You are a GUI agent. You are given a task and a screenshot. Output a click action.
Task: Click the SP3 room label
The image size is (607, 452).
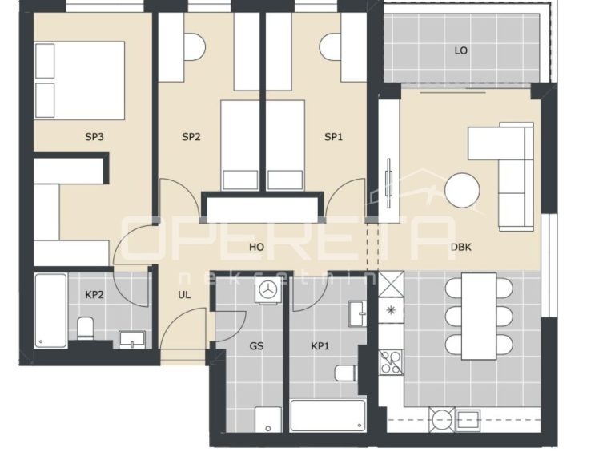tap(94, 137)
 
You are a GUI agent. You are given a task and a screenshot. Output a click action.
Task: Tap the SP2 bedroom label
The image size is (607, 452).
tap(191, 137)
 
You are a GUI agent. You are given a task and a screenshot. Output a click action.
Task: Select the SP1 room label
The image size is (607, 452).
tap(333, 137)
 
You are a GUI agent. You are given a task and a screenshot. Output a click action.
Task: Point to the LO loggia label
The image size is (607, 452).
tap(461, 50)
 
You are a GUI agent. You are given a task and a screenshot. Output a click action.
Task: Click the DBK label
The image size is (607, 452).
tap(461, 247)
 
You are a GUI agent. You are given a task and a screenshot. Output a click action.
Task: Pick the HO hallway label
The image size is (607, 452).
tap(257, 247)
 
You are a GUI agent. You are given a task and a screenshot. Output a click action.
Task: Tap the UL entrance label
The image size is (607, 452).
tap(184, 295)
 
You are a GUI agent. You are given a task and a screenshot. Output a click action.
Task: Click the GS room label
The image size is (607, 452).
tap(257, 346)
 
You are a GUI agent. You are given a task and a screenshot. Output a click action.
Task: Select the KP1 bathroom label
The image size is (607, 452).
tap(320, 346)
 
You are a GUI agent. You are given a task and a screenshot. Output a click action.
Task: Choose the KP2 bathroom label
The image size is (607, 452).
tap(94, 295)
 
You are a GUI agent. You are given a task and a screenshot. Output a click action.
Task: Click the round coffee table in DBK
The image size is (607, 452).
tap(462, 191)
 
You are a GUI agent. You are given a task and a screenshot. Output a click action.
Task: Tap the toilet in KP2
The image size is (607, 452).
tap(85, 329)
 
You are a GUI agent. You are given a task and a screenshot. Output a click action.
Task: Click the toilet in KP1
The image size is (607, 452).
tap(346, 373)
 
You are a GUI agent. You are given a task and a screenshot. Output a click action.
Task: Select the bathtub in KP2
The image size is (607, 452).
tap(50, 311)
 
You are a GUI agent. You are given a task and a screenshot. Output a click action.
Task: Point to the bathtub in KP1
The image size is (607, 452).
tap(328, 416)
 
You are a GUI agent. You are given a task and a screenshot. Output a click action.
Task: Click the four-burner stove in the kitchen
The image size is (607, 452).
tap(391, 362)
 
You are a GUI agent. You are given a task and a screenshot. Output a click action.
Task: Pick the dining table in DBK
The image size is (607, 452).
tap(479, 316)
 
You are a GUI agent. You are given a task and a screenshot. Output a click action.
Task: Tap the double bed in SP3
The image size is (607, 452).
tap(80, 80)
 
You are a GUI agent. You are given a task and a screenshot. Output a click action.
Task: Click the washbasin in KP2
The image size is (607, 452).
tap(132, 340)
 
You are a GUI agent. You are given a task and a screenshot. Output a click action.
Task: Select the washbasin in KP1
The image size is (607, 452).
tap(357, 313)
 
